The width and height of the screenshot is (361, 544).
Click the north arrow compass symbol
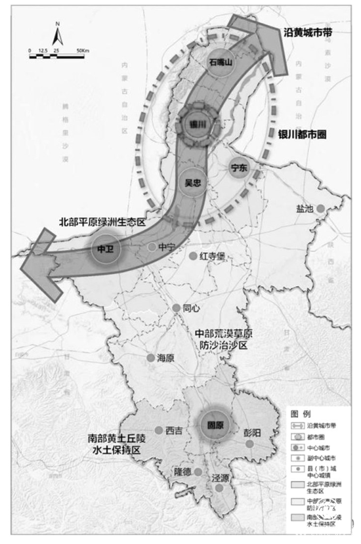tap(57, 33)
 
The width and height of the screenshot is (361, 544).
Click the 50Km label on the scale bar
tap(82, 51)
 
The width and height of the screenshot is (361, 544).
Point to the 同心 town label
tap(191, 307)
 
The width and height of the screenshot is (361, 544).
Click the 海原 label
tap(165, 358)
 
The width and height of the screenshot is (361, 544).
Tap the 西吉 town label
tap(174, 431)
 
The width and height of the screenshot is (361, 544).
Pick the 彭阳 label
tap(251, 433)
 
